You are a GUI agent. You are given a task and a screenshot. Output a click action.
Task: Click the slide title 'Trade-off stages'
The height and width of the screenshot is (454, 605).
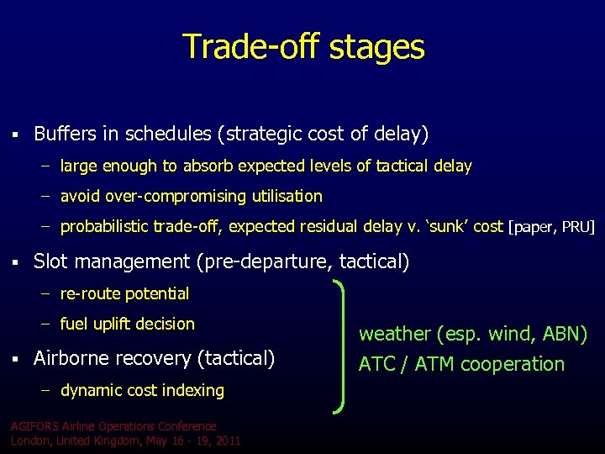(303, 46)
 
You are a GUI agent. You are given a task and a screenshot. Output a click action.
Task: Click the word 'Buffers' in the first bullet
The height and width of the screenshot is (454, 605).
(64, 134)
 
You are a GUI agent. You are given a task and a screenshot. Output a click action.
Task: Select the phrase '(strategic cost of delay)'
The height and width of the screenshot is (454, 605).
(322, 134)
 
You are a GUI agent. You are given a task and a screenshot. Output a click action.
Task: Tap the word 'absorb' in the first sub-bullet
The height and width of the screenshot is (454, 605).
(209, 166)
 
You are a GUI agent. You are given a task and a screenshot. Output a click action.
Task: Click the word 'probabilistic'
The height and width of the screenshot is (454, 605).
(104, 227)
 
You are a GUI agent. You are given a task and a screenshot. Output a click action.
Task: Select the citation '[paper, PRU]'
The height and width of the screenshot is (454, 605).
(550, 227)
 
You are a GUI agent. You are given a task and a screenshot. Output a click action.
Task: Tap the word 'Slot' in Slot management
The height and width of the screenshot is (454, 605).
(50, 262)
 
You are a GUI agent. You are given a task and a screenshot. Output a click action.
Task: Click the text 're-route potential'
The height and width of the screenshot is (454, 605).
(124, 294)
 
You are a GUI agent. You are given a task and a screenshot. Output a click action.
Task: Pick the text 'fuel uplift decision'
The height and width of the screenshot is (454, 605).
(127, 325)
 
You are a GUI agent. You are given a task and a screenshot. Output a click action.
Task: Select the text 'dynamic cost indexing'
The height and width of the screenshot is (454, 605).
(142, 391)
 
